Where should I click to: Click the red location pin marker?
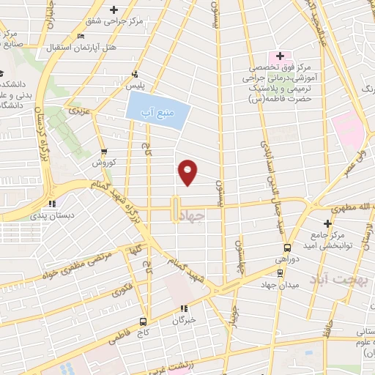(x=188, y=172)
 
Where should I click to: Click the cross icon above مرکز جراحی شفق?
(x=113, y=10)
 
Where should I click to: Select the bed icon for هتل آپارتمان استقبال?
(x=81, y=37)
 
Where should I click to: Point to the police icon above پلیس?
(x=134, y=74)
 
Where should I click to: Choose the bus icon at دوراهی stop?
(x=287, y=248)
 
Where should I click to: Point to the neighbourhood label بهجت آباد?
(x=335, y=281)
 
